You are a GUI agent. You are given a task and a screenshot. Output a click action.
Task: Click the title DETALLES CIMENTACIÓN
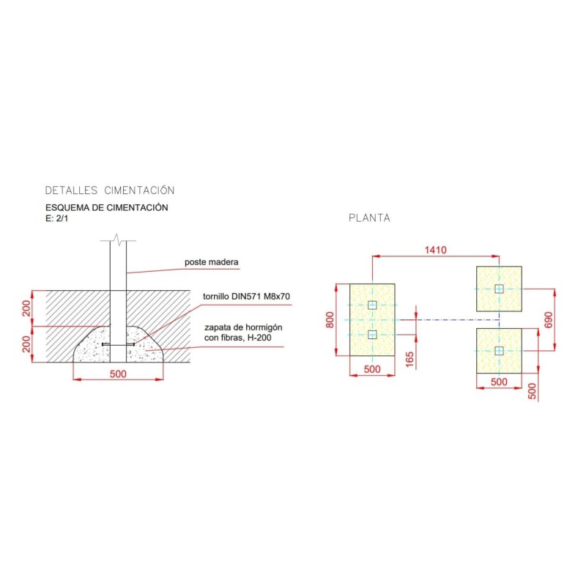pos(110,190)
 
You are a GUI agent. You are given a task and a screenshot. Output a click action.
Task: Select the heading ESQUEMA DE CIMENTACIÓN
pos(106,207)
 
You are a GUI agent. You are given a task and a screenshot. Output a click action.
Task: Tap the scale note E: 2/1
pos(57,218)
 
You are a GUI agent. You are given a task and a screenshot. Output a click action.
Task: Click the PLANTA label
pos(369,218)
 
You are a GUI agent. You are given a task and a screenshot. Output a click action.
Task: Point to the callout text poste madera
pos(212,262)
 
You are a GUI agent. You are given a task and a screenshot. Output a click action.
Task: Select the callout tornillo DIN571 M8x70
pos(246,297)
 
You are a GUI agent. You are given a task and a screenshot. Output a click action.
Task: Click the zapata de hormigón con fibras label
pos(243,333)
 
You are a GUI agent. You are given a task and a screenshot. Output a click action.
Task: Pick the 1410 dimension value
pos(435,250)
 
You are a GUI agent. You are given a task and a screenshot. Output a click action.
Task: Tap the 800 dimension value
pos(330,320)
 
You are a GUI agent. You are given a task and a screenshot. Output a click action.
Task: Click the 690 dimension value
pos(548,320)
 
